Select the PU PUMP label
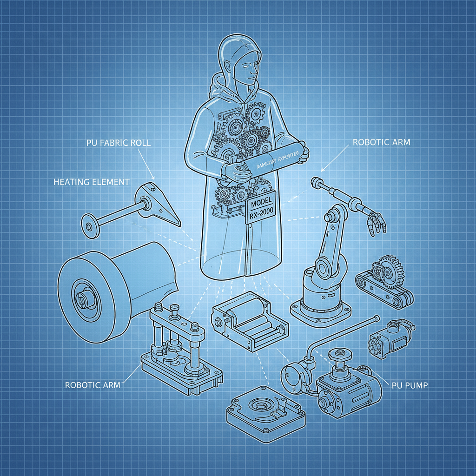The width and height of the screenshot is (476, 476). [407, 385]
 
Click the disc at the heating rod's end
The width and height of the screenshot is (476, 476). [88, 225]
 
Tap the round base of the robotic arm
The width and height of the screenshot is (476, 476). [321, 307]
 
